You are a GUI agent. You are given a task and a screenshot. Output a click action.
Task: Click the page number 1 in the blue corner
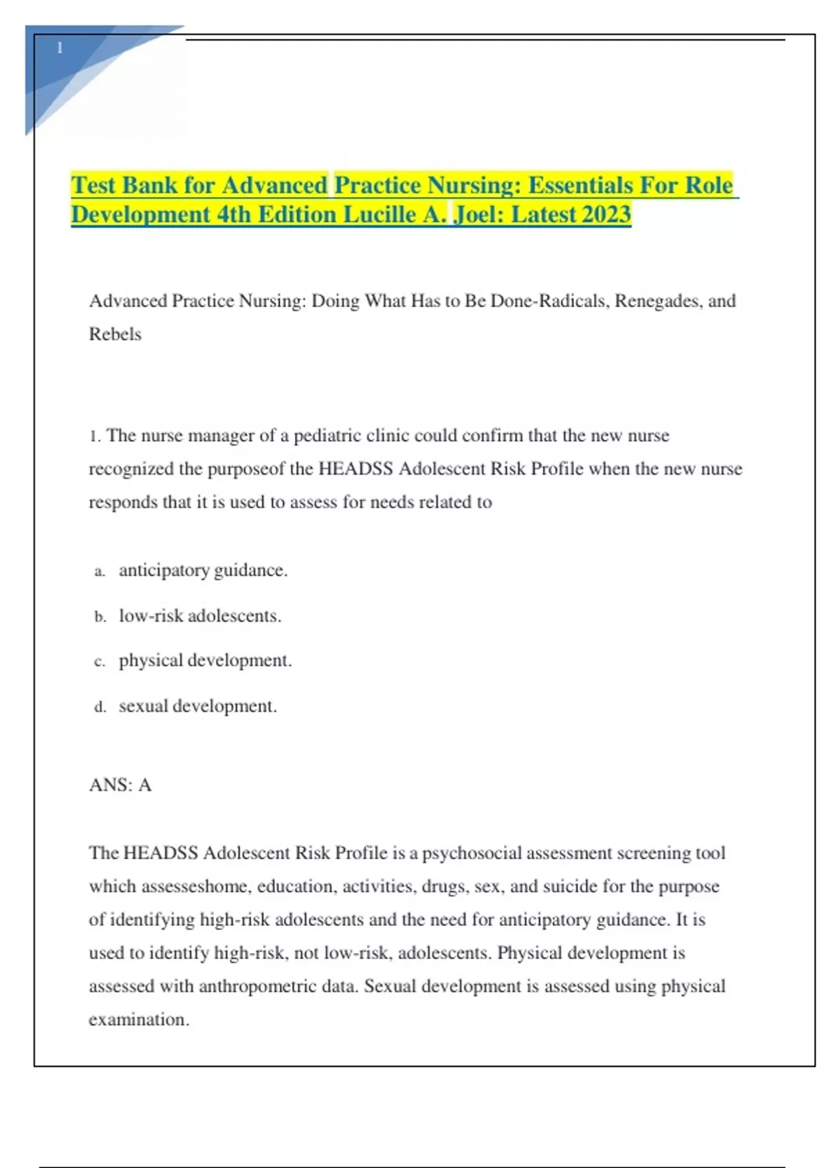coord(60,48)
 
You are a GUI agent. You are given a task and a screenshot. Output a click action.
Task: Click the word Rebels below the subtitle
coord(115,335)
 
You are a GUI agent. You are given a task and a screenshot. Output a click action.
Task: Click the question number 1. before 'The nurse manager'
coord(95,436)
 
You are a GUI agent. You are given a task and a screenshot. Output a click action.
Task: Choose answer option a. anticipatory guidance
coord(203,570)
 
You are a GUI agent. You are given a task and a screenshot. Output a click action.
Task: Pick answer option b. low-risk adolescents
coord(199,616)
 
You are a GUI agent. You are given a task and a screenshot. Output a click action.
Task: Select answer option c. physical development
coord(205,660)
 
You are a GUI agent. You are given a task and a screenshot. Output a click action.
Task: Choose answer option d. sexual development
coord(197,706)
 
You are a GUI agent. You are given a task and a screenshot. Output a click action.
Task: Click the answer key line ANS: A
coord(120,785)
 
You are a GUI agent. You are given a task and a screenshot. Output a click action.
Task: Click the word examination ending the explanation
coord(137,1020)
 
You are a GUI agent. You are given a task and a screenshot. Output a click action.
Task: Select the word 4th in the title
coord(234,215)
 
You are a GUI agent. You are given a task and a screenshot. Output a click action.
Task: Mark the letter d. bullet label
coord(100,707)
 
